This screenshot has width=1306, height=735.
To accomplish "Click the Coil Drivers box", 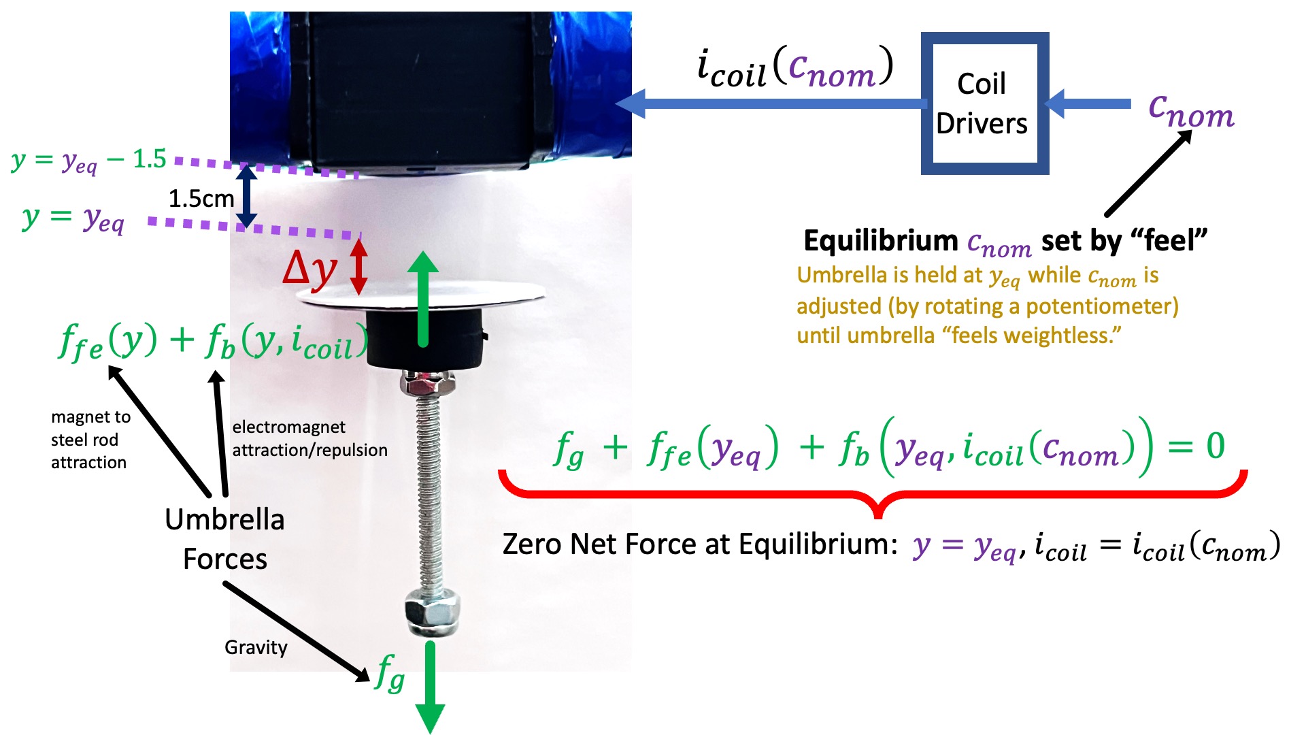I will tap(984, 103).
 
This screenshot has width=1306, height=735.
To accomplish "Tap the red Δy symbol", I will tap(310, 268).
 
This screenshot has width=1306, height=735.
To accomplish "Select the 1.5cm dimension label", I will tap(201, 199).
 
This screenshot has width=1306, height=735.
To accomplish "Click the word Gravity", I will tap(256, 647).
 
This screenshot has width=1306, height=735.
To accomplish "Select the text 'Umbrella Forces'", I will tap(225, 539).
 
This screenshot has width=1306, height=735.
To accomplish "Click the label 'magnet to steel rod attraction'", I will tap(89, 440).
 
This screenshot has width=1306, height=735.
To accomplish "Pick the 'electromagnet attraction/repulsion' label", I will tap(309, 438).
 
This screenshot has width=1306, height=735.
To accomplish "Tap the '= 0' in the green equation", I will tap(1197, 446).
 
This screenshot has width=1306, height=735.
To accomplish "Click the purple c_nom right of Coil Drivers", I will tap(1191, 112).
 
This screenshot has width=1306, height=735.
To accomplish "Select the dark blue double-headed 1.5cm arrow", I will tap(246, 197).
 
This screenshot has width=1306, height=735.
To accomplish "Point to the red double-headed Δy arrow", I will tap(359, 266).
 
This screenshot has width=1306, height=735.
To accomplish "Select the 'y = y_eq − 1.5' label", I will tap(88, 161).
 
